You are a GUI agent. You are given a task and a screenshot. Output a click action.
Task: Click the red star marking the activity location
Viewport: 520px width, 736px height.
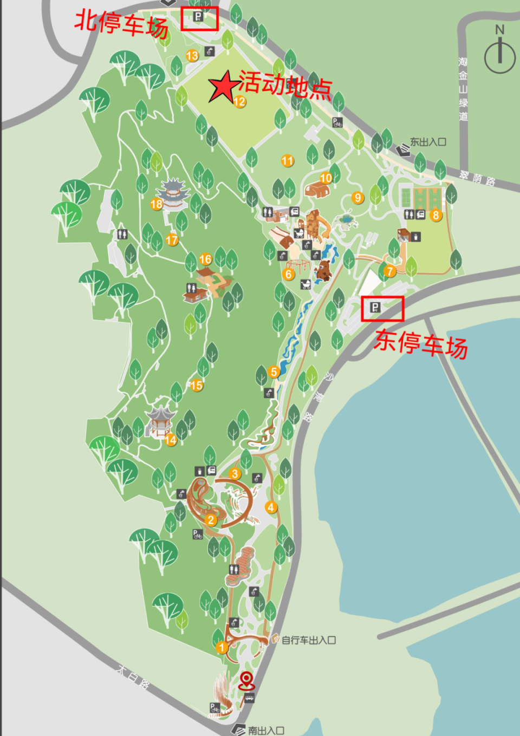click(x=223, y=87)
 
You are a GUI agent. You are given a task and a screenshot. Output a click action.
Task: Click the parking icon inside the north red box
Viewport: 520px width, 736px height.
click(x=198, y=17)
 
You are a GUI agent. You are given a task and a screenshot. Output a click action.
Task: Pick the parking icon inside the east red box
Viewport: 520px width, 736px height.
click(x=375, y=308)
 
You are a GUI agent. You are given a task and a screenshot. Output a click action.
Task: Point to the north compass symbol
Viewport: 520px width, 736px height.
click(x=499, y=51)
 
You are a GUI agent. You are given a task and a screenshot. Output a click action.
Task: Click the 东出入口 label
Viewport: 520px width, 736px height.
click(x=427, y=142)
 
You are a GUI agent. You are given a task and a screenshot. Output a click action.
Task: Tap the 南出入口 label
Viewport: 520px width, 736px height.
click(x=266, y=730)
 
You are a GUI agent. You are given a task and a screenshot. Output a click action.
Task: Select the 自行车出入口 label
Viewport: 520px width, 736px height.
click(x=308, y=640)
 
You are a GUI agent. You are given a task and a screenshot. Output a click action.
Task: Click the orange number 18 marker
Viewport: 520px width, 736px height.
click(x=157, y=204)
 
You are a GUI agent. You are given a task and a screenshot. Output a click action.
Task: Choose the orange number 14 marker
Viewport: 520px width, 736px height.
click(x=171, y=440)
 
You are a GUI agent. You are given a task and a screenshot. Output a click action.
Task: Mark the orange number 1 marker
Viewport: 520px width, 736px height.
click(x=222, y=647)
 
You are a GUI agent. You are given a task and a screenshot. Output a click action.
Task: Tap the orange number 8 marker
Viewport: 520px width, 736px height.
click(x=435, y=215)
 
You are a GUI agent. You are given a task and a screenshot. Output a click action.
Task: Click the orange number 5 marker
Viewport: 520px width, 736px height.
click(x=274, y=372)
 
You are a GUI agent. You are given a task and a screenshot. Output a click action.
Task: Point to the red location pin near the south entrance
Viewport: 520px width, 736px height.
click(x=246, y=680)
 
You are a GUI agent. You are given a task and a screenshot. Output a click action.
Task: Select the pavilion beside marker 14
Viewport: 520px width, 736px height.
click(x=159, y=421)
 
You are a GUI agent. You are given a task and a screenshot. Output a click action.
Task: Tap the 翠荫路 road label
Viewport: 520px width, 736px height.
click(x=477, y=178)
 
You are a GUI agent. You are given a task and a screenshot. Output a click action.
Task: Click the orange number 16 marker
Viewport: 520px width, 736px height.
click(x=205, y=259)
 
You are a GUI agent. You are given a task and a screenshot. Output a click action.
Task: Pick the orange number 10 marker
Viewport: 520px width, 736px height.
click(x=326, y=178)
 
